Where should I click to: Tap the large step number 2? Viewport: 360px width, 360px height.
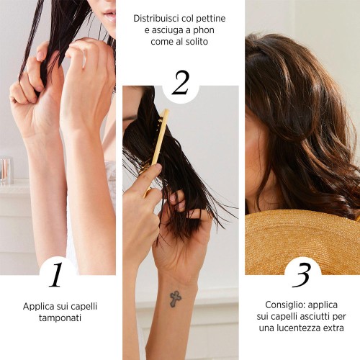[181, 82]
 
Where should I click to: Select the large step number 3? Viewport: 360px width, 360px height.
[302, 275]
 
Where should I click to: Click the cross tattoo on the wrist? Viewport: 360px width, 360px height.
[176, 299]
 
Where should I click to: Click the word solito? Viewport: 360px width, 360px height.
[197, 42]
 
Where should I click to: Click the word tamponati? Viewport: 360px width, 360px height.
[60, 318]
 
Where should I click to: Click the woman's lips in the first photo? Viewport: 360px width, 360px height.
[109, 15]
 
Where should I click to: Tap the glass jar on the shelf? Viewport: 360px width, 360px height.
[6, 170]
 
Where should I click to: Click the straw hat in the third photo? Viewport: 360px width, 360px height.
[302, 243]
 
